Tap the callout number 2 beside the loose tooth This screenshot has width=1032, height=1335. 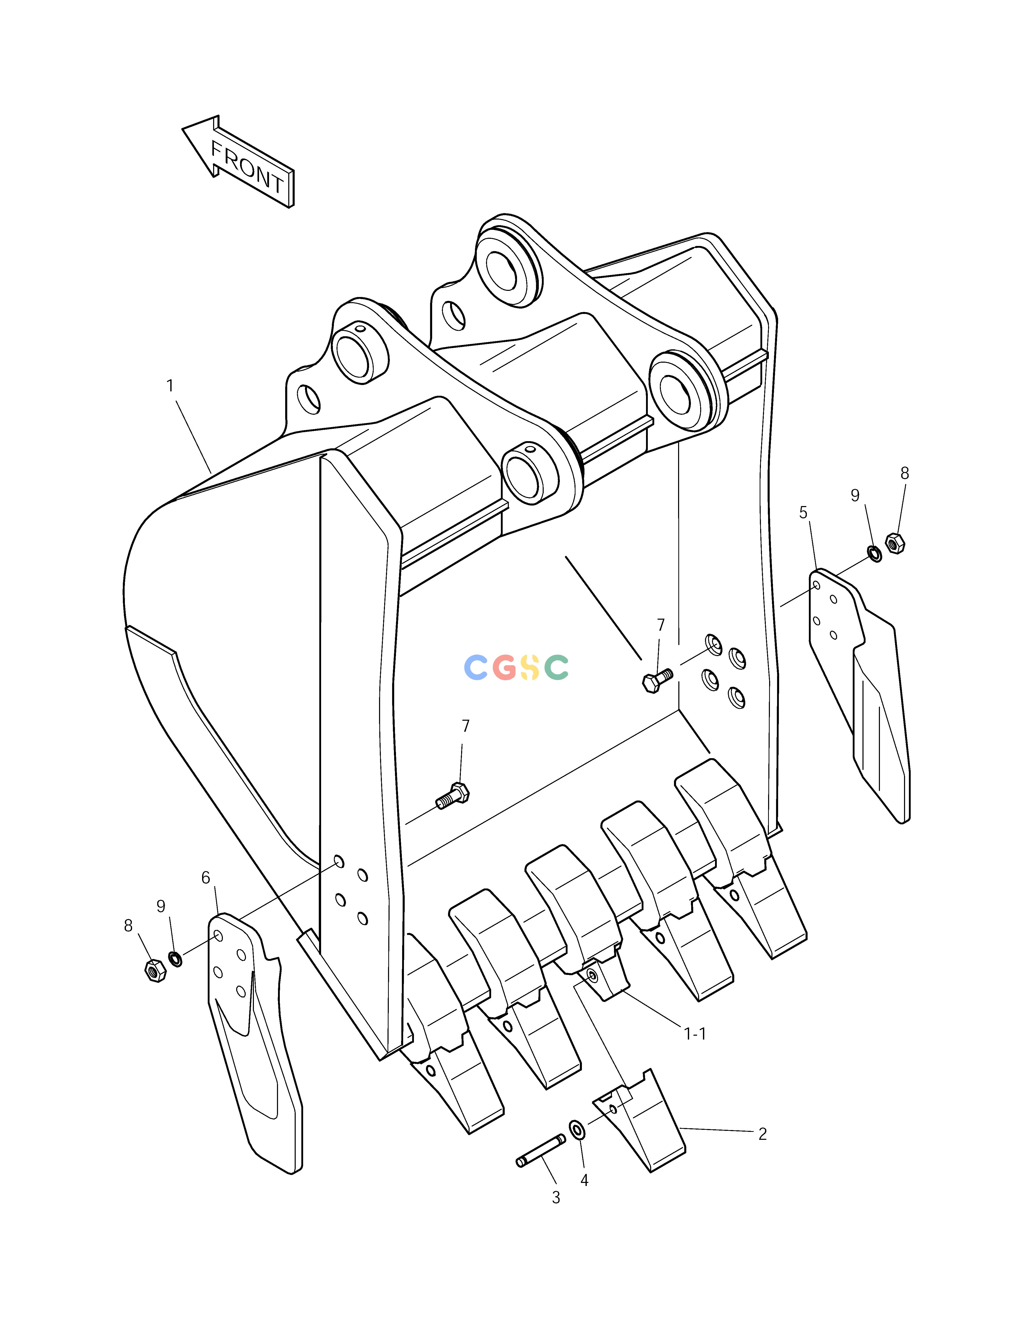[762, 1134]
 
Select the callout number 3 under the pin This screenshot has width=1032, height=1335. [556, 1198]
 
